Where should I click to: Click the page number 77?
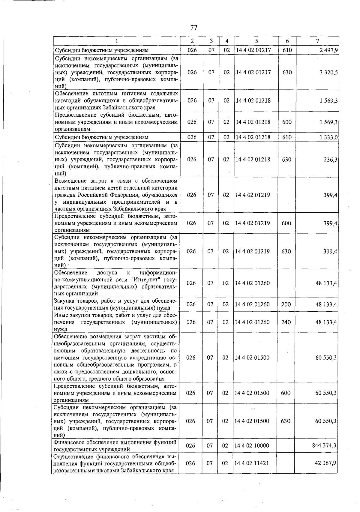[193, 28]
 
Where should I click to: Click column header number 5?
[256, 41]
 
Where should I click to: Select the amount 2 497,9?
[328, 50]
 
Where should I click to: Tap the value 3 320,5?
[328, 73]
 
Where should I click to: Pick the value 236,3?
[330, 160]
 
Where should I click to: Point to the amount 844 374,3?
[324, 445]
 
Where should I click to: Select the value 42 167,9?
[325, 463]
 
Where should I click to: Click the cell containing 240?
[286, 322]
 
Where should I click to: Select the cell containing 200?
[286, 304]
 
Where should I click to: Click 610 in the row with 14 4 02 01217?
[287, 50]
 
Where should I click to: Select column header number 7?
[317, 41]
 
